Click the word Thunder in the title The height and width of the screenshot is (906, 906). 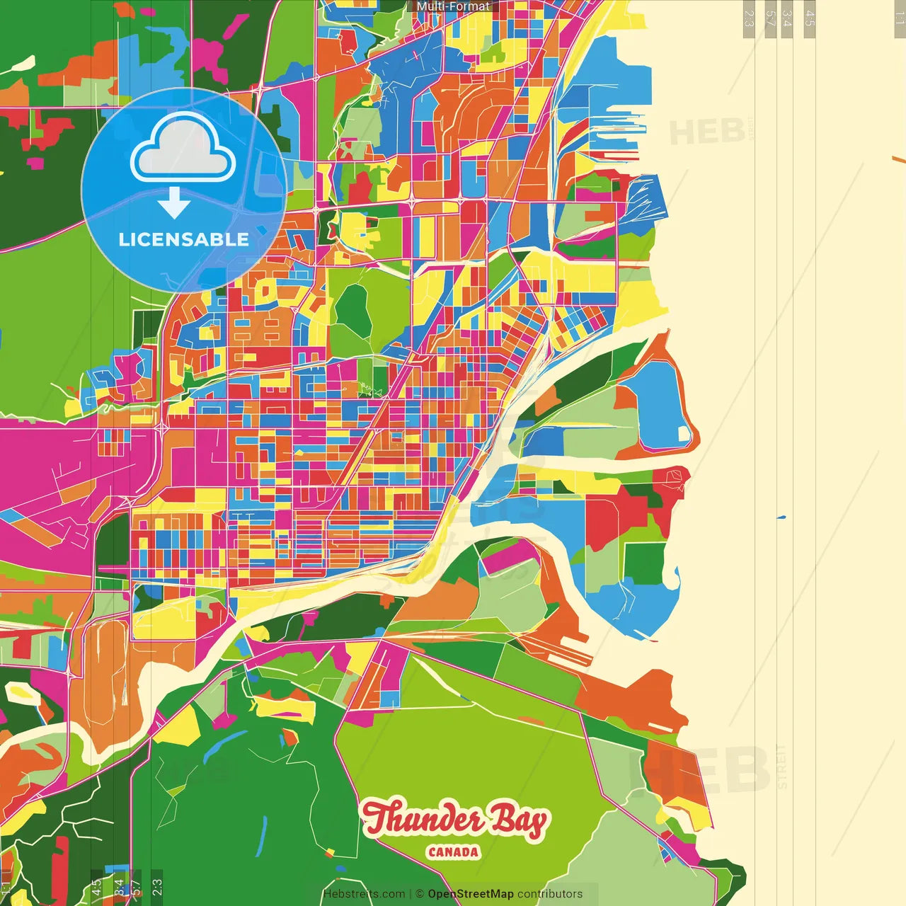click(x=423, y=820)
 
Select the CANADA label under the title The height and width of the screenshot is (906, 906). click(x=453, y=852)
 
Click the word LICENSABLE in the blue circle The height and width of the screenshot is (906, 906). click(x=184, y=239)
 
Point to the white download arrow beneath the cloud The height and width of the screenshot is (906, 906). click(x=174, y=203)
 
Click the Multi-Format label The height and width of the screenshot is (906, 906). click(x=453, y=6)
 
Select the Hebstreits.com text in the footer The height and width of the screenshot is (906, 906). click(x=364, y=894)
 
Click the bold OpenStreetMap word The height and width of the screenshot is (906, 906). click(x=471, y=894)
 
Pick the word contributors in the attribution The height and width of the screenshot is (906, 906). click(x=550, y=894)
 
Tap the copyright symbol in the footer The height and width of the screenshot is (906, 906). click(x=419, y=894)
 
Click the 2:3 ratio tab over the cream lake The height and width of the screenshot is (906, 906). click(x=749, y=18)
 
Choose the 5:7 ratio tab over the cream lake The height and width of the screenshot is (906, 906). click(x=770, y=18)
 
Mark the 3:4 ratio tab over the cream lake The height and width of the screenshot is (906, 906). click(x=787, y=18)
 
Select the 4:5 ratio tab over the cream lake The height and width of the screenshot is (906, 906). click(x=810, y=18)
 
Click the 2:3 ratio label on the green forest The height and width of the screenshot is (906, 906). click(x=157, y=886)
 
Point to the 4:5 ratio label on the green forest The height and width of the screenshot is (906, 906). click(x=96, y=886)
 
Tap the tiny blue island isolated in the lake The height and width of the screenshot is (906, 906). click(x=781, y=517)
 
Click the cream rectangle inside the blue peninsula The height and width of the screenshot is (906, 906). click(x=684, y=433)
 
